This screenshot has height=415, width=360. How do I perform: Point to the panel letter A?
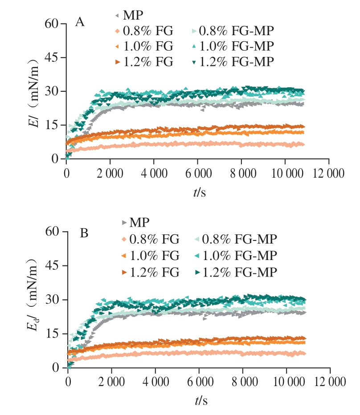80,23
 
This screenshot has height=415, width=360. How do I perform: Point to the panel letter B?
84,233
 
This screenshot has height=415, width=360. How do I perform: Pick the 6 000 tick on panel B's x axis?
199,382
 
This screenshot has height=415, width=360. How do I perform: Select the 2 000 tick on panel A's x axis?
110,173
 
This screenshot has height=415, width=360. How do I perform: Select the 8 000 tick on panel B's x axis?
242,382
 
